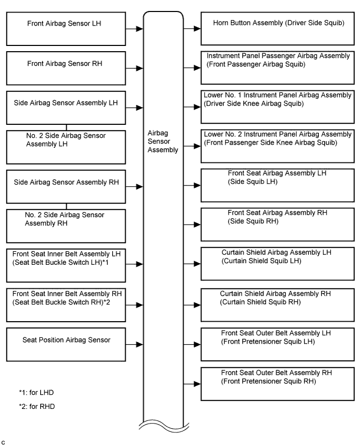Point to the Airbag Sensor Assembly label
[163, 142]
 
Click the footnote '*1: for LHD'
[37, 393]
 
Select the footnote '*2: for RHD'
[37, 406]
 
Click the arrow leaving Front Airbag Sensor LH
[134, 29]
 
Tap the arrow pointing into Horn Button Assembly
[192, 28]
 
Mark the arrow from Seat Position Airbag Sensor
[134, 345]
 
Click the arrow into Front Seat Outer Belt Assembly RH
[192, 384]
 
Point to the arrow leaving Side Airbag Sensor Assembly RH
[134, 186]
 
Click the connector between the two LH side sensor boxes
[66, 127]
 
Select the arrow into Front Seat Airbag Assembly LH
[192, 185]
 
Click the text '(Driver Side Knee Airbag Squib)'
[254, 103]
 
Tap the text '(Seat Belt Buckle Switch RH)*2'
[61, 302]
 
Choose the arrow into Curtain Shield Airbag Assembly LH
[192, 264]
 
